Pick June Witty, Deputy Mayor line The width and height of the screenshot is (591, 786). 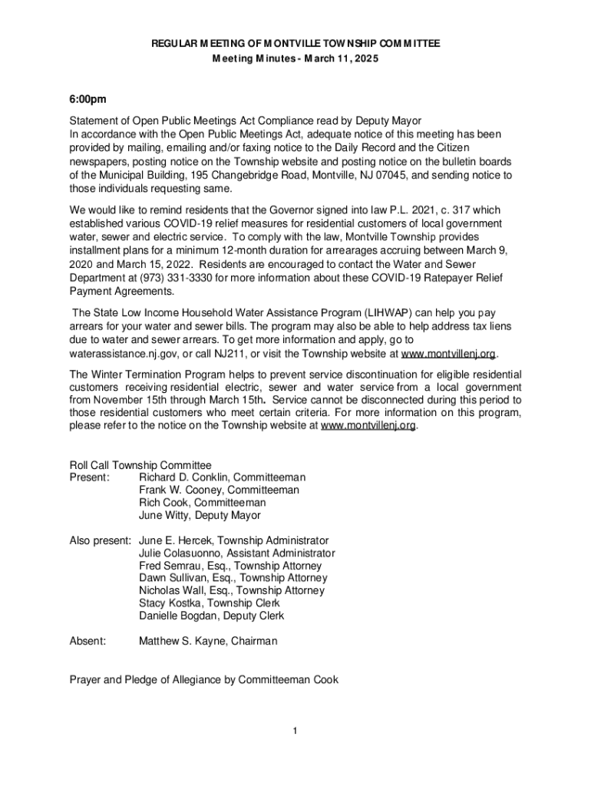200,516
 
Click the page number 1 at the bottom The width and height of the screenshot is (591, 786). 295,730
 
